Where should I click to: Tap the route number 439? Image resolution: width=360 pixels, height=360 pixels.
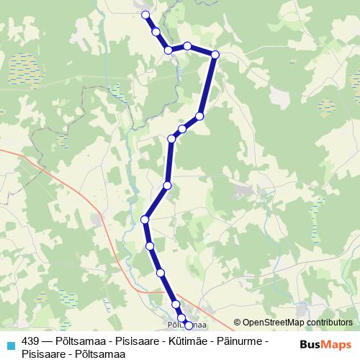tap(31, 341)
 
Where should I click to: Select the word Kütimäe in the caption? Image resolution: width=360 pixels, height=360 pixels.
tap(189, 341)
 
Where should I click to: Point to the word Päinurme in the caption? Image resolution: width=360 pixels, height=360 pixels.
tap(242, 341)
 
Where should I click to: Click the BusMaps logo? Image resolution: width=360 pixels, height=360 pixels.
tap(327, 345)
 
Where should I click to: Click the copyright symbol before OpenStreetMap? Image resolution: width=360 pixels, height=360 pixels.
tap(238, 323)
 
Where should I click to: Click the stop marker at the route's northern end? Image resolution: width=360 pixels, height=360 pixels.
tap(145, 14)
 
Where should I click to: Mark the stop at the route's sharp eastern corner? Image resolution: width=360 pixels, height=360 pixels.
tap(215, 54)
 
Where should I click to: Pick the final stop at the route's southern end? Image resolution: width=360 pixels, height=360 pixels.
tap(189, 325)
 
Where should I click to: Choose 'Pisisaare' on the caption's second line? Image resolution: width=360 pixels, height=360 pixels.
tap(44, 353)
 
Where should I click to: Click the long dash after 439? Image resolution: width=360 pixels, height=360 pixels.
tap(48, 341)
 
